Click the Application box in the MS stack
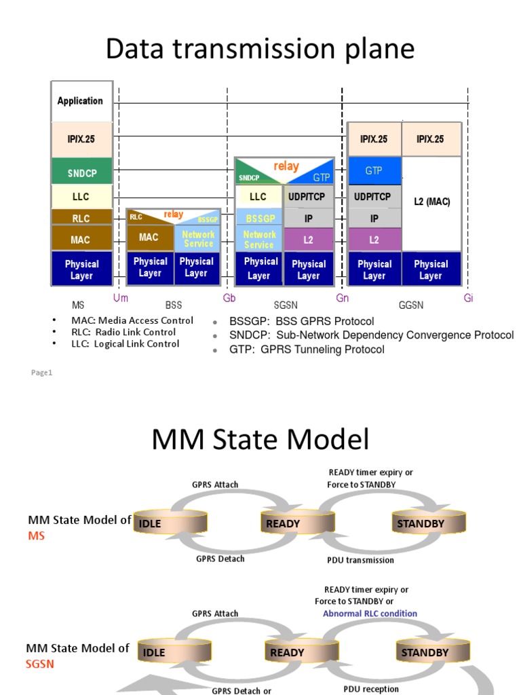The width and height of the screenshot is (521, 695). coord(81,101)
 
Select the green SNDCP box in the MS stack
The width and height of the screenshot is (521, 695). coord(81,173)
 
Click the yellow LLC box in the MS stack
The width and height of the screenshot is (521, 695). coord(80,197)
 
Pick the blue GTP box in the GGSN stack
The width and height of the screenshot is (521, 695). coord(374,171)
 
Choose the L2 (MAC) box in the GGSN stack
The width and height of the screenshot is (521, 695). coord(431,202)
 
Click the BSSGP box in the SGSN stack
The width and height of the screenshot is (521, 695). coord(258,219)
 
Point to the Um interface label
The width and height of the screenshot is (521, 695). coord(121,298)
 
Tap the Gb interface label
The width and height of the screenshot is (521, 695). coord(229,298)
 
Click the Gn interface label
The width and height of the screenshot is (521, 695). coord(343,298)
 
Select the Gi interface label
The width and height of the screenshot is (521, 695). coord(468,298)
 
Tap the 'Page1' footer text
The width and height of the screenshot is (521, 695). coord(41,373)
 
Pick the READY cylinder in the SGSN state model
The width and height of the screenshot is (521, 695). coord(288,653)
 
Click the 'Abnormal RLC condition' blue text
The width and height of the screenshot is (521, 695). coord(370,614)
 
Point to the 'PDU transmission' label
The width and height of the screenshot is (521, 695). coord(360,560)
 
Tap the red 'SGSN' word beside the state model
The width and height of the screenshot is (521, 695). coord(40,664)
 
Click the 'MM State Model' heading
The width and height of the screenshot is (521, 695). coord(260,440)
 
